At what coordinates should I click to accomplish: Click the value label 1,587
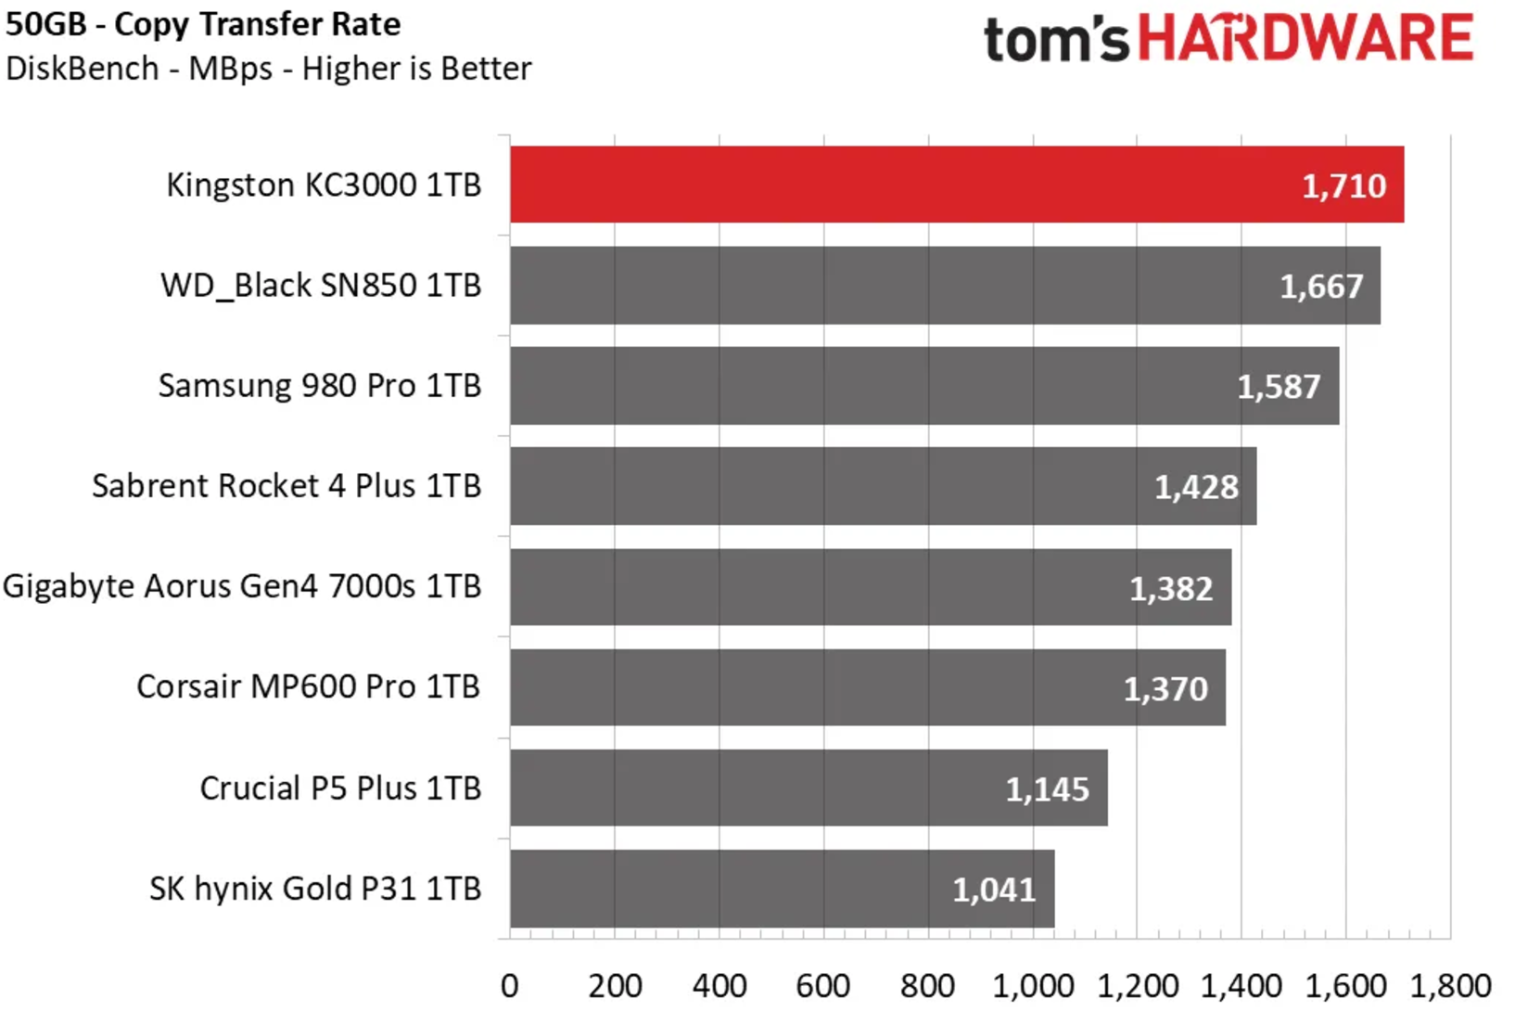pos(1279,387)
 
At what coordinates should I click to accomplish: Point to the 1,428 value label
pos(1196,487)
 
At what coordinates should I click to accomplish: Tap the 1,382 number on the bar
pos(1171,588)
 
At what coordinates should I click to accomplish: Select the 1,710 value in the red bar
pos(1343,186)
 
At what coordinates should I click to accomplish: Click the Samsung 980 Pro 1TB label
pos(320,386)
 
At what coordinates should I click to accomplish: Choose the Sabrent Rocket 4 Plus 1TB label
pos(286,486)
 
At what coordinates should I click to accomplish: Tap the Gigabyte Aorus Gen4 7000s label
pos(242,587)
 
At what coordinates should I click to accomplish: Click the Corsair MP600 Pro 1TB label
pos(309,687)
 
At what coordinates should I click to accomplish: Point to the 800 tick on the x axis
pos(927,986)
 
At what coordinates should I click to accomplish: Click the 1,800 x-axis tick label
pos(1451,986)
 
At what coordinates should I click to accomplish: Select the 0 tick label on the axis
pos(510,986)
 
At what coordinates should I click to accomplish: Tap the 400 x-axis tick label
pos(719,986)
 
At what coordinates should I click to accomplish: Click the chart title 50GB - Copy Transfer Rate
pos(203,25)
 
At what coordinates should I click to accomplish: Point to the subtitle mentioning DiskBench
pos(269,69)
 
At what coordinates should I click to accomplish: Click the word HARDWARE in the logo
pos(1305,39)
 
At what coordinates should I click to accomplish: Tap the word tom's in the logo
pos(1056,42)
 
